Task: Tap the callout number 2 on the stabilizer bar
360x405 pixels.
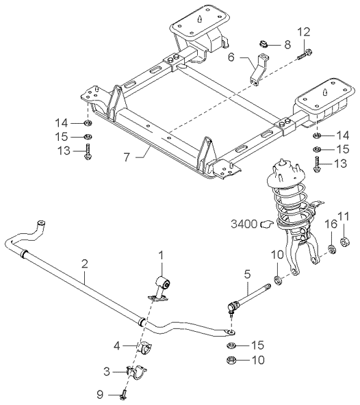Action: [x=84, y=263]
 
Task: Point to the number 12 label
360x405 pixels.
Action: [x=305, y=31]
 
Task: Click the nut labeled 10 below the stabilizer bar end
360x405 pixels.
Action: [x=231, y=360]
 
